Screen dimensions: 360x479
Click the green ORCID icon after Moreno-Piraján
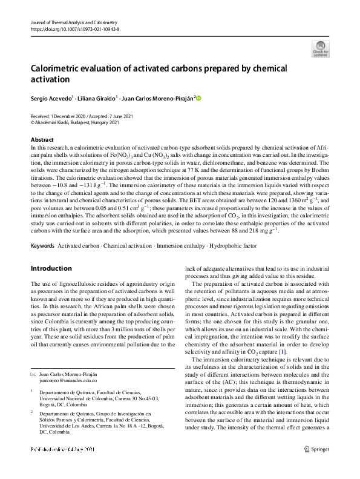(x=197, y=98)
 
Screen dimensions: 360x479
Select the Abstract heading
(x=42, y=140)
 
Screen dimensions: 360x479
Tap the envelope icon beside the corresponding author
(x=33, y=374)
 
